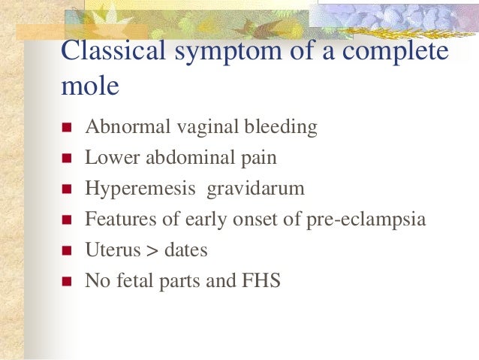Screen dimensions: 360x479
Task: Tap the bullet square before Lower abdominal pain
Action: pos(66,159)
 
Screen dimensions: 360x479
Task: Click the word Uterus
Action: pos(110,251)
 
